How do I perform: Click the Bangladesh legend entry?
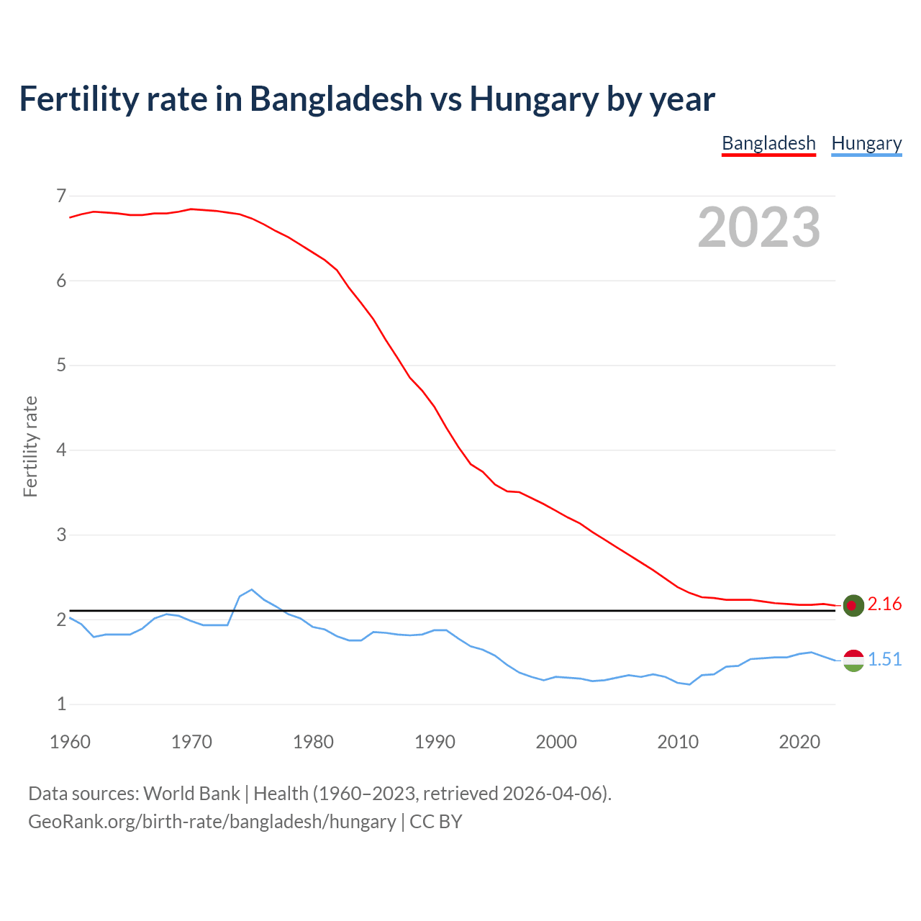(x=768, y=143)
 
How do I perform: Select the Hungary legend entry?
(x=866, y=143)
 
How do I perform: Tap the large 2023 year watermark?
(x=759, y=227)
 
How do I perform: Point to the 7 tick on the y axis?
(x=61, y=196)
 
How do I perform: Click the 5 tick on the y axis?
(x=61, y=366)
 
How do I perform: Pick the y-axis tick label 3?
(x=61, y=535)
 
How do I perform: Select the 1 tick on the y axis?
(x=61, y=704)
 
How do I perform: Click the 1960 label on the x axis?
(x=70, y=742)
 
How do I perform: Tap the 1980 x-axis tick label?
(x=313, y=742)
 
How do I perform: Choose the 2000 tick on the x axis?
(x=556, y=742)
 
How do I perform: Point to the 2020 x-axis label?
(x=799, y=742)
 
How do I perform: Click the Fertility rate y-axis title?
(x=30, y=447)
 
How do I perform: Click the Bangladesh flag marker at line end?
(x=853, y=606)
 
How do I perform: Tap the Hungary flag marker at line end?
(x=853, y=660)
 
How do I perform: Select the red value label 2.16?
(x=884, y=604)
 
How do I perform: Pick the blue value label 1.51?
(x=884, y=660)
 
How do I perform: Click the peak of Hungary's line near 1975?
(x=251, y=590)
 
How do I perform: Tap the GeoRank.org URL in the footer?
(x=212, y=822)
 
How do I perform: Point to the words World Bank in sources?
(x=191, y=794)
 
